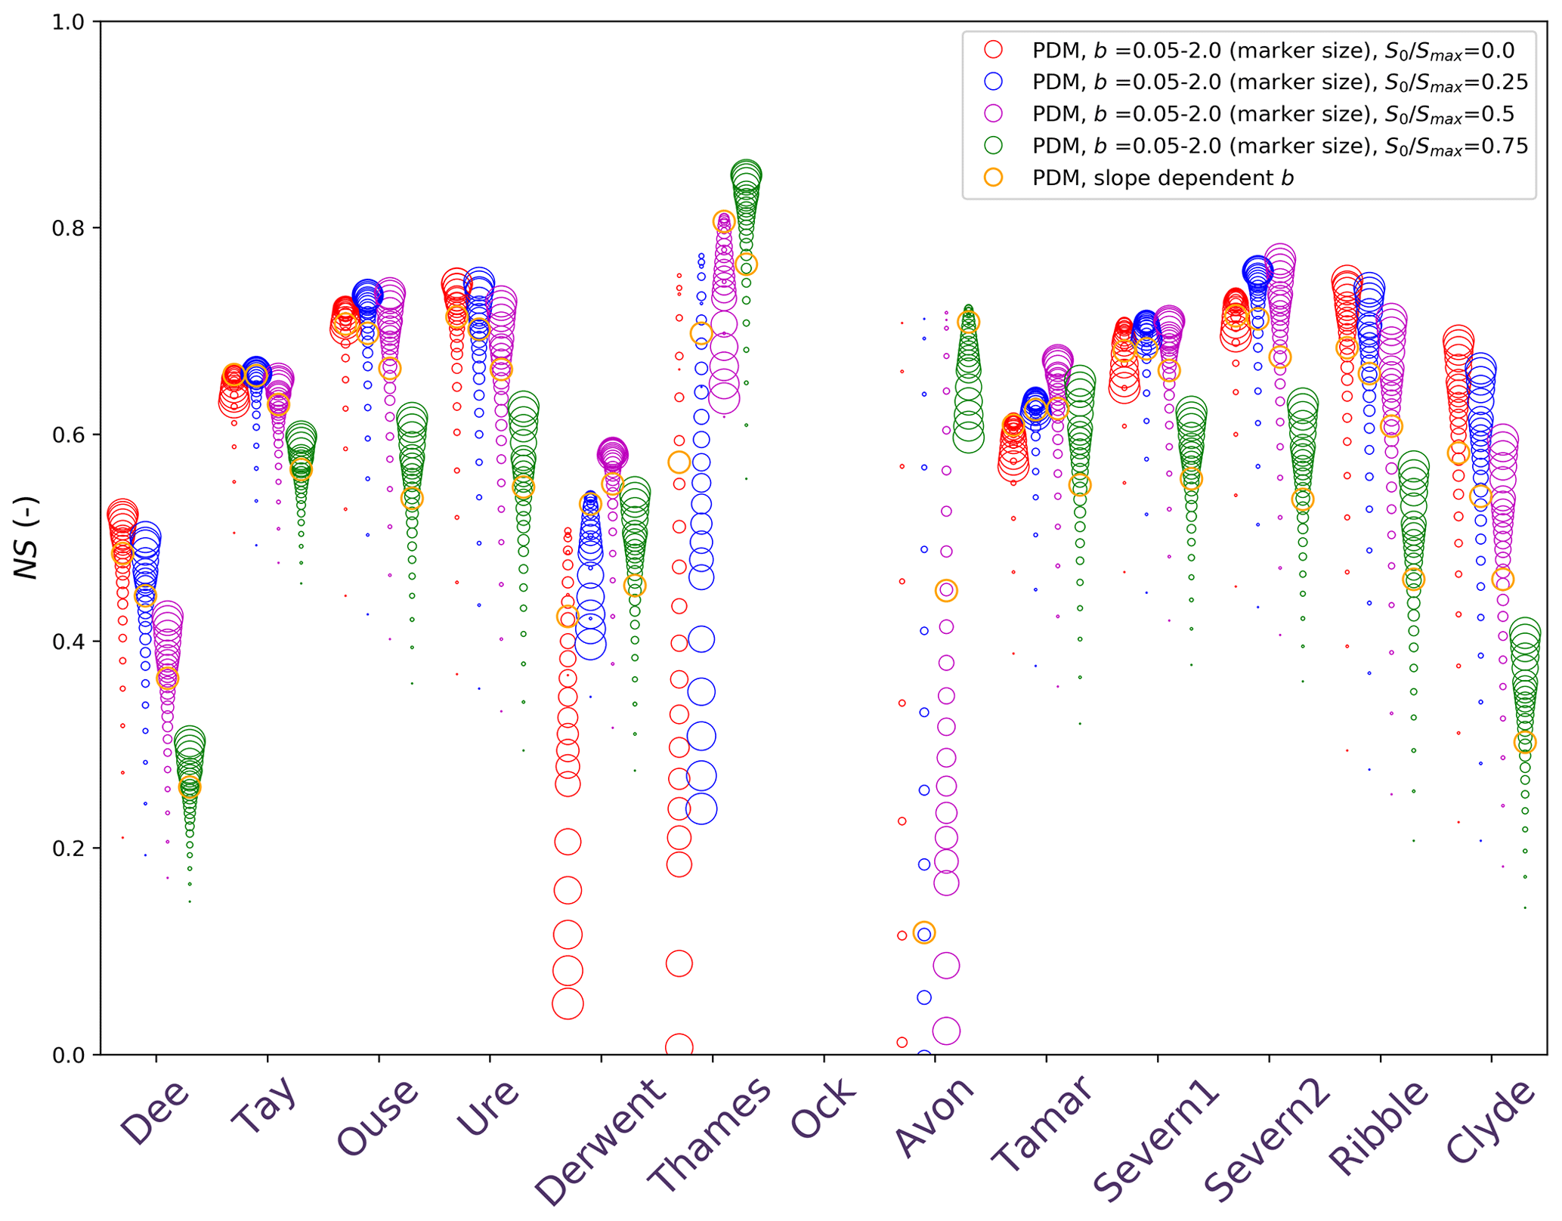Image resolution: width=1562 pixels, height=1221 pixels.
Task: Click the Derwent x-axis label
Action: coord(601,1142)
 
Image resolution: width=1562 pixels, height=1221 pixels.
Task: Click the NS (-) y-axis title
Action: coord(27,537)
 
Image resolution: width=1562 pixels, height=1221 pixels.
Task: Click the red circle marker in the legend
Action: coord(993,50)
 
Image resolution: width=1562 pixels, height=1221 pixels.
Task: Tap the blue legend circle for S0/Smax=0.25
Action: coord(993,82)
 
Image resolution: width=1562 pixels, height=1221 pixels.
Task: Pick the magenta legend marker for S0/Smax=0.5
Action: coord(993,113)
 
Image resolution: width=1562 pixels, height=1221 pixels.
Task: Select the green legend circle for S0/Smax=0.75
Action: coord(993,145)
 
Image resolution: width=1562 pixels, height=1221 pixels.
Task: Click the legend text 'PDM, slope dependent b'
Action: coord(1162,178)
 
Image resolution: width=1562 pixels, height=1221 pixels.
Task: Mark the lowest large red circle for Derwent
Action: coord(568,1004)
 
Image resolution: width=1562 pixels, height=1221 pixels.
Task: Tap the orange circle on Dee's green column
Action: coord(190,787)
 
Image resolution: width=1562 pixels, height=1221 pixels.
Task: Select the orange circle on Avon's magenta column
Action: coord(946,591)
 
